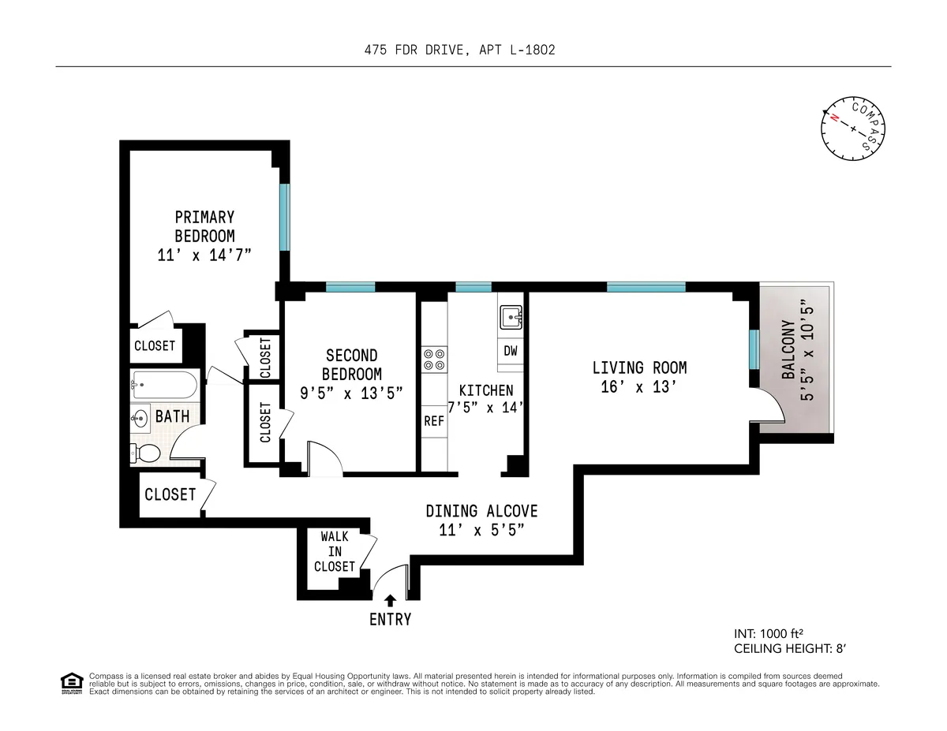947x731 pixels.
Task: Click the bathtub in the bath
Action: pyautogui.click(x=164, y=386)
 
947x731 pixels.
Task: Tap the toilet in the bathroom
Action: pyautogui.click(x=145, y=453)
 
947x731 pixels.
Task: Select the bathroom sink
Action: pyautogui.click(x=140, y=417)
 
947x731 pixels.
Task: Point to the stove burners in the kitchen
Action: pyautogui.click(x=434, y=359)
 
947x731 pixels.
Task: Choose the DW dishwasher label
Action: pyautogui.click(x=511, y=351)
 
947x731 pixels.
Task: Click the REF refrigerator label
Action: pyautogui.click(x=434, y=421)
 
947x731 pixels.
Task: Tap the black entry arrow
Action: pyautogui.click(x=390, y=601)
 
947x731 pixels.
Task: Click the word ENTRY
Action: pyautogui.click(x=391, y=620)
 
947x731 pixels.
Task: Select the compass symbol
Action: pyautogui.click(x=853, y=128)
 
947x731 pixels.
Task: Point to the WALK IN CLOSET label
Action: pyautogui.click(x=335, y=551)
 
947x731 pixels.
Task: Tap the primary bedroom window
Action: pyautogui.click(x=285, y=216)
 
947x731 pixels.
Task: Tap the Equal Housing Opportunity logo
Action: pyautogui.click(x=72, y=683)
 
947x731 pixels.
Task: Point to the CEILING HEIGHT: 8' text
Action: pyautogui.click(x=789, y=648)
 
